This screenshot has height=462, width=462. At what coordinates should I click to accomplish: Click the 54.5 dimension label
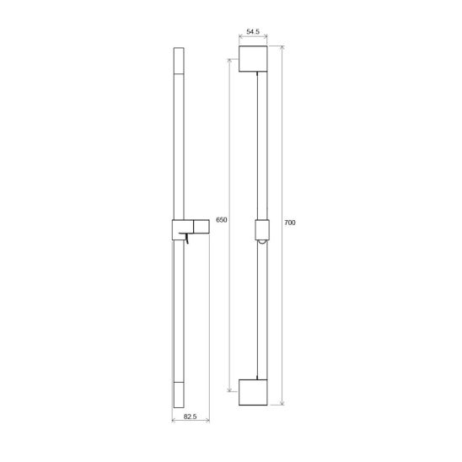tap(253, 31)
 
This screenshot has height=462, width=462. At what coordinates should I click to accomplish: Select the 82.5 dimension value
tap(190, 416)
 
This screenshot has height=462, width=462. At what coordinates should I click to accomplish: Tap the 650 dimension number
tap(222, 220)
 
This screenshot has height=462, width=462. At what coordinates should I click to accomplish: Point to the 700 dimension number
tap(290, 223)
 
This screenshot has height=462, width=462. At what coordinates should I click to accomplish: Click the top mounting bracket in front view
tap(253, 59)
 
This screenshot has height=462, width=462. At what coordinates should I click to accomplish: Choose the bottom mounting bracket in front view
tap(253, 392)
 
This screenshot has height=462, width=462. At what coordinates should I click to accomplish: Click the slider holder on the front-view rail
tap(262, 230)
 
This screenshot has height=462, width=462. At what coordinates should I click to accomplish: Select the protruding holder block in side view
tap(201, 226)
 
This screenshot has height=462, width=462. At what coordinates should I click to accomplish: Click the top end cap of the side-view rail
tap(179, 60)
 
